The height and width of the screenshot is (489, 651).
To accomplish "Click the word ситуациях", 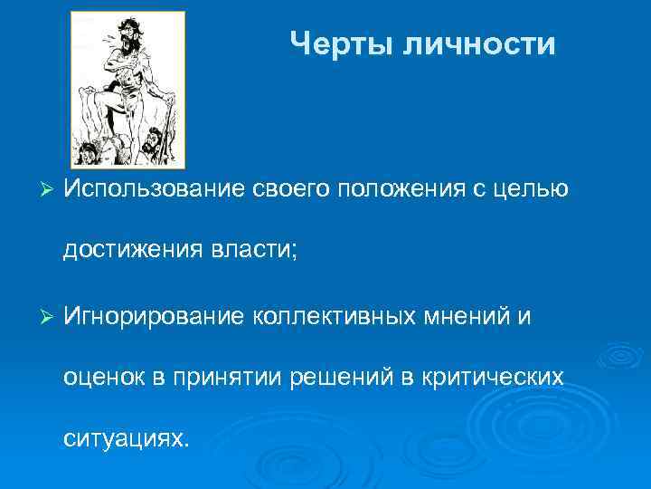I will pos(127,439).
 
